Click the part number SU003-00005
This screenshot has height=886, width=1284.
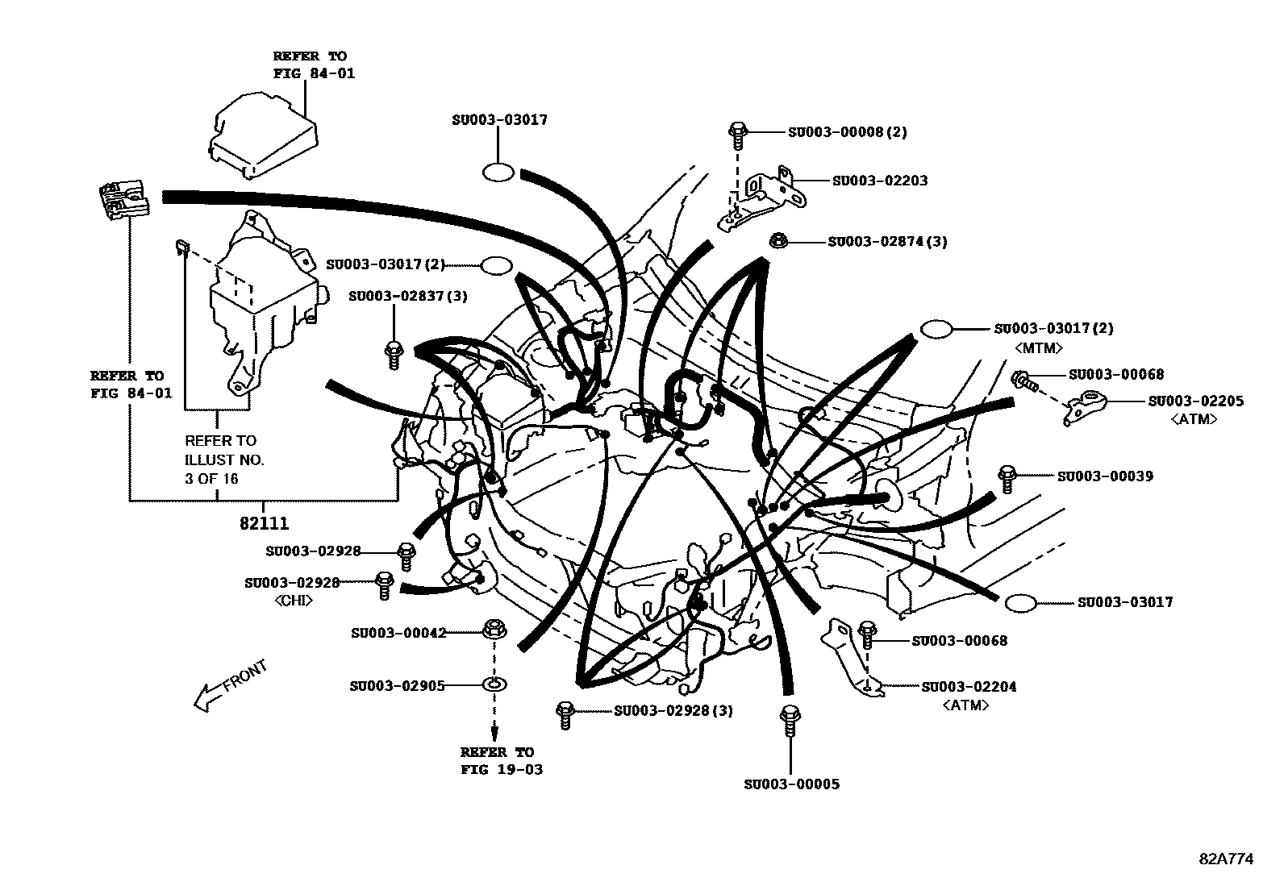[791, 784]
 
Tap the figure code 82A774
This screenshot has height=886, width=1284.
[1226, 859]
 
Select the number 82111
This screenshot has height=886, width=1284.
[264, 523]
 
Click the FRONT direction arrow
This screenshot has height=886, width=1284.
[230, 687]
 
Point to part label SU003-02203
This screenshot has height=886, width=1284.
[879, 181]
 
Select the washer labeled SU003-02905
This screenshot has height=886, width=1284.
[494, 685]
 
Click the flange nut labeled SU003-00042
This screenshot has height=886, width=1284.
[494, 630]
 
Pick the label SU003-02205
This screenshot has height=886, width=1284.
[1195, 401]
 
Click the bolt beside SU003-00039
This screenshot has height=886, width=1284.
[1007, 478]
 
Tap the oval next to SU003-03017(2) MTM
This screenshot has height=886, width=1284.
[936, 329]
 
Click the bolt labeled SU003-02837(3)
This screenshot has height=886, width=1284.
[394, 355]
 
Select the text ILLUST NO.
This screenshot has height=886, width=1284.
[224, 460]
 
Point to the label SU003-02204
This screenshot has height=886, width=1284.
[969, 687]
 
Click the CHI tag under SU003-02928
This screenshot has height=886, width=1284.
[293, 601]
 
